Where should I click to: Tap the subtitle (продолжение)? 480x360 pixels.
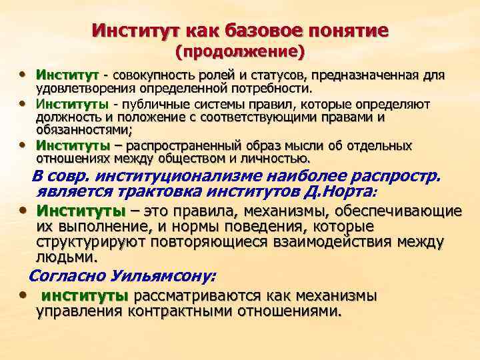tap(239, 51)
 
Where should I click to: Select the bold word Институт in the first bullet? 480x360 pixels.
tap(67, 75)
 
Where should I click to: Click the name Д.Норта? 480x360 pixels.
tap(341, 193)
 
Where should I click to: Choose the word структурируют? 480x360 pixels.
tap(89, 241)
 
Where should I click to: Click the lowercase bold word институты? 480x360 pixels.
tap(85, 295)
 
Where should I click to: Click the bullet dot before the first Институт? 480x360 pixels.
tap(24, 74)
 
